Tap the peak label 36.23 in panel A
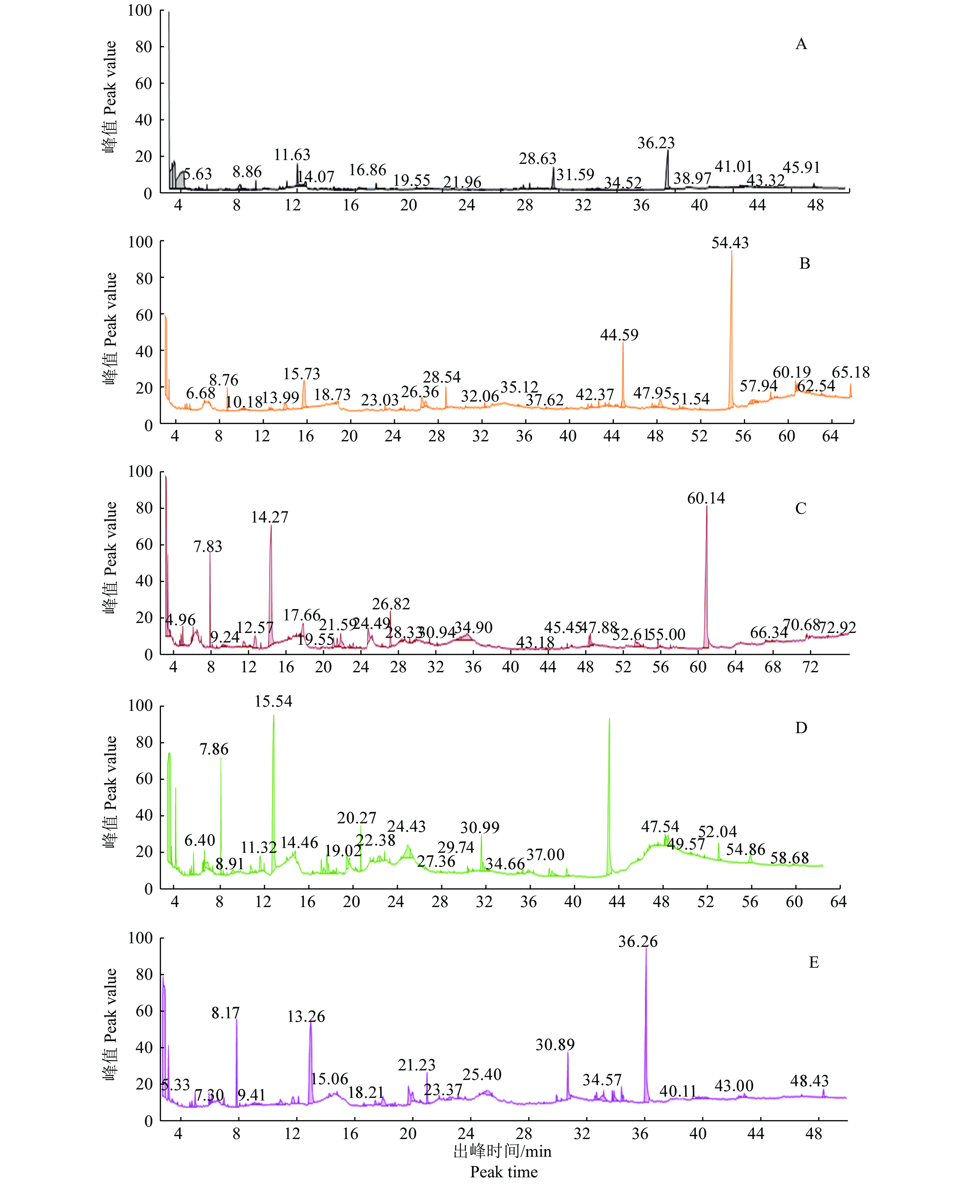[x=656, y=143]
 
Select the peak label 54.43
[x=730, y=243]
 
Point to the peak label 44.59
[x=619, y=335]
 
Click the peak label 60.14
[x=706, y=498]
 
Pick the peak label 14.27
[x=270, y=517]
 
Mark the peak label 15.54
[x=274, y=701]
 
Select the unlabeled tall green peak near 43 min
[x=609, y=719]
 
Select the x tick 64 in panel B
[x=830, y=436]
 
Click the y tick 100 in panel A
[x=140, y=11]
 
